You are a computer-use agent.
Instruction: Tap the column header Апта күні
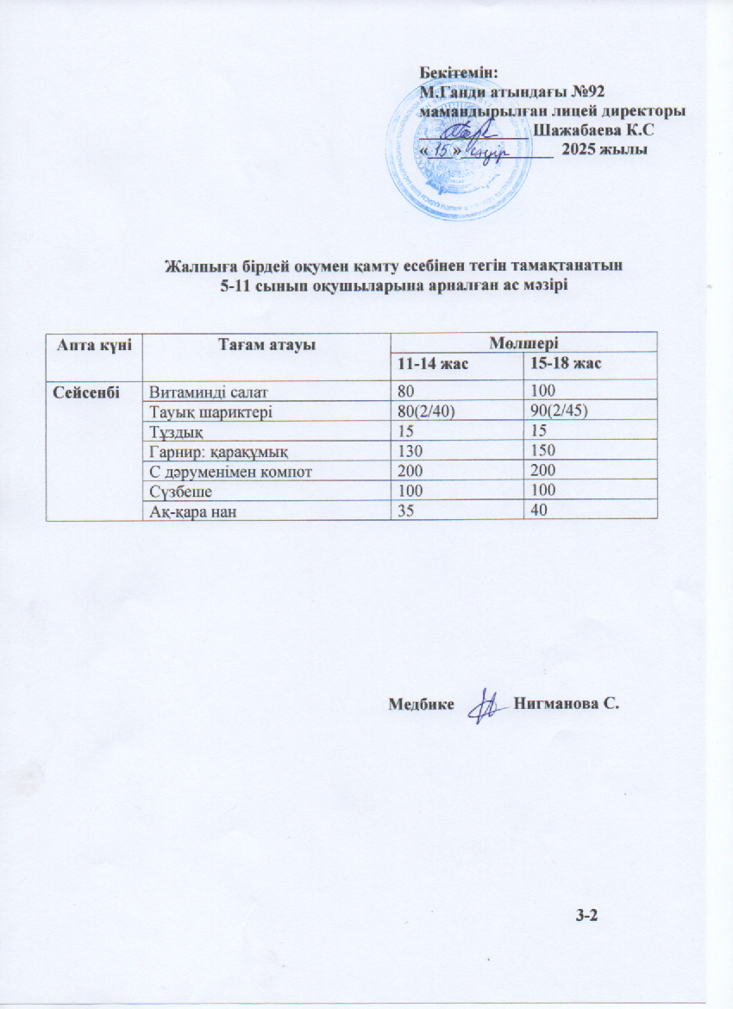[x=94, y=344]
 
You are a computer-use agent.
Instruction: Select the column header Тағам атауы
[x=264, y=344]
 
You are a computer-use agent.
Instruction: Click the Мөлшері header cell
[x=523, y=342]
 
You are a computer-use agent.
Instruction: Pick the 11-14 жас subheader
[x=429, y=364]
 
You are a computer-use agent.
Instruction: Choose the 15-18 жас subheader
[x=564, y=364]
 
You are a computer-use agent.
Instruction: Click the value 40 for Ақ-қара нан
[x=536, y=510]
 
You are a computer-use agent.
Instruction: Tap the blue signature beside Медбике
[x=485, y=704]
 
